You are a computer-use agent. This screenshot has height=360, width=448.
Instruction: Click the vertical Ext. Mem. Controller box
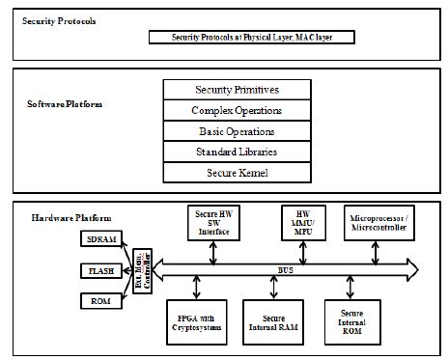coord(143,272)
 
